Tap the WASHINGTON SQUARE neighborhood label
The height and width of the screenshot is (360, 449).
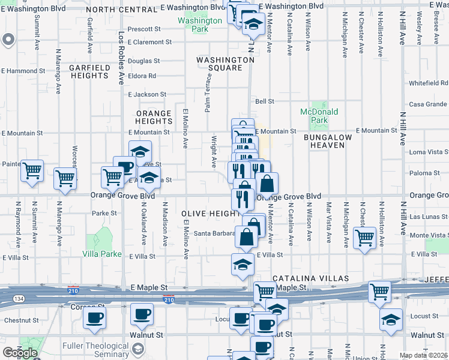pyautogui.click(x=226, y=64)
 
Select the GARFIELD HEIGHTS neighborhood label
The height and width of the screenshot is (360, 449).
pyautogui.click(x=89, y=72)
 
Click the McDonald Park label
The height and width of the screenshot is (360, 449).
pyautogui.click(x=319, y=116)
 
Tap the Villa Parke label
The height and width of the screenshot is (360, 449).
pyautogui.click(x=102, y=254)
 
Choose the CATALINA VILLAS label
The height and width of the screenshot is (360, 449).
pyautogui.click(x=310, y=279)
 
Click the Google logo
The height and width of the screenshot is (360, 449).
pyautogui.click(x=20, y=353)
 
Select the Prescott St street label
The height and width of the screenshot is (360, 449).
pyautogui.click(x=145, y=29)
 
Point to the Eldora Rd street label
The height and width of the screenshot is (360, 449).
pyautogui.click(x=142, y=76)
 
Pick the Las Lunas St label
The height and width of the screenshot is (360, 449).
pyautogui.click(x=424, y=216)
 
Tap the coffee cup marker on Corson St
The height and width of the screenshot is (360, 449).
pyautogui.click(x=94, y=317)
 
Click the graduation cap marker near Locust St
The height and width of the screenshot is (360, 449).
pyautogui.click(x=390, y=319)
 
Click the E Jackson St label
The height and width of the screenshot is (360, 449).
pyautogui.click(x=146, y=95)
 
